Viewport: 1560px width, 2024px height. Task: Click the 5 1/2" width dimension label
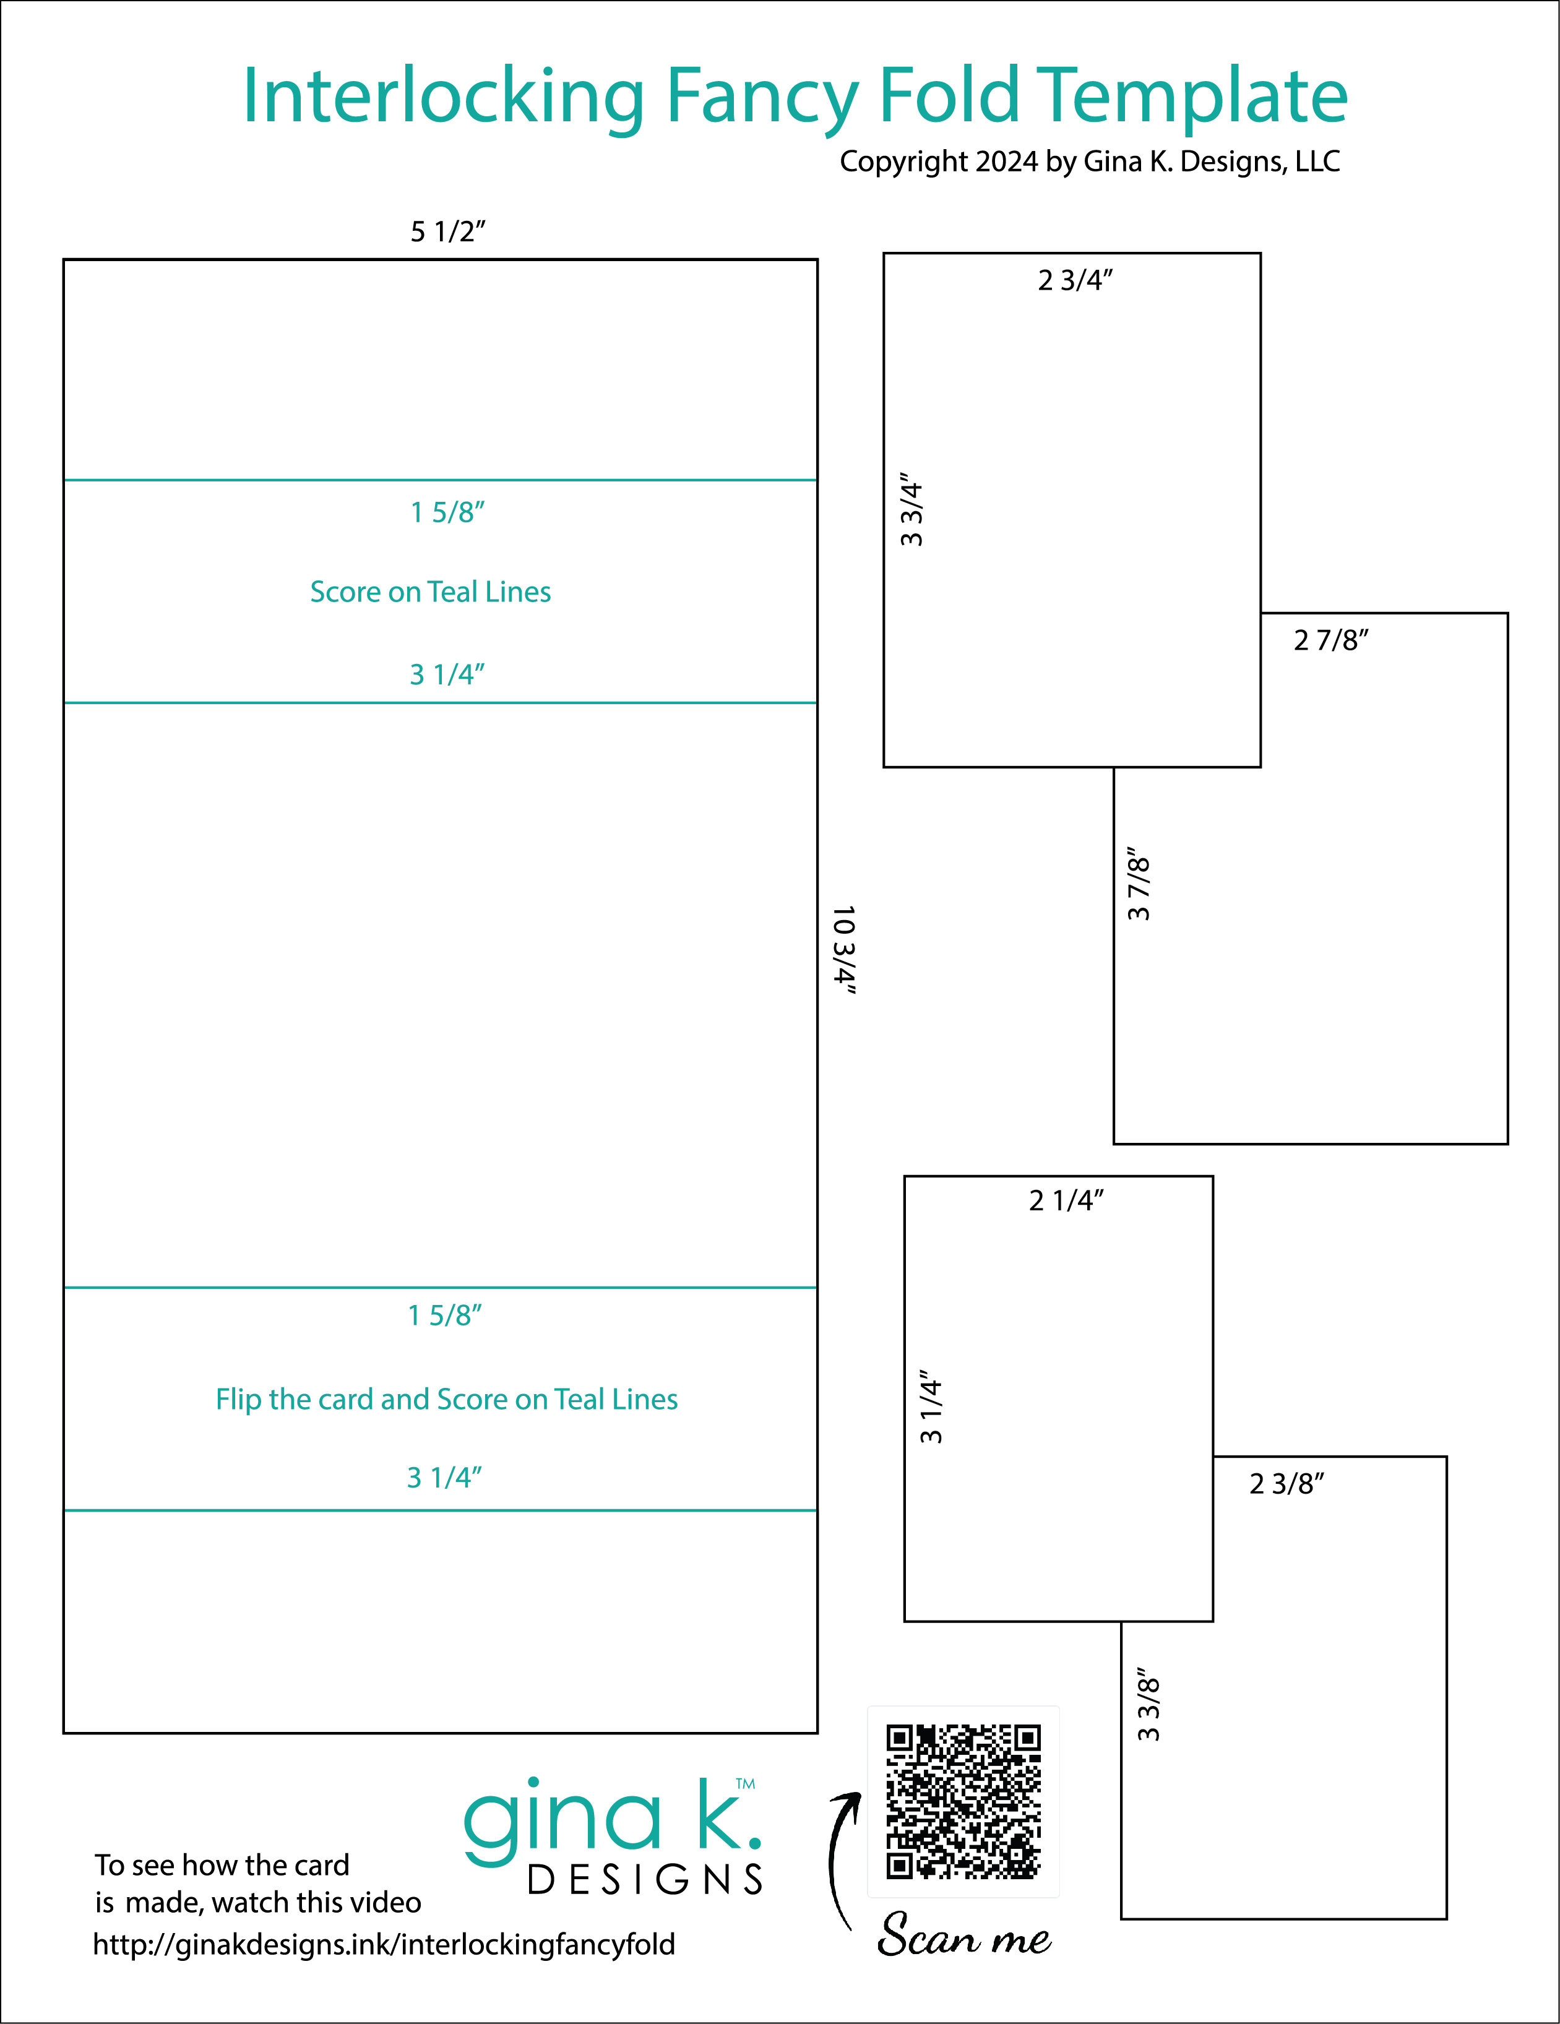coord(447,231)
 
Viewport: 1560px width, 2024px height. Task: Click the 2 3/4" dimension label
coord(1075,280)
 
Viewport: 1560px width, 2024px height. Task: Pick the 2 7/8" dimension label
coord(1331,639)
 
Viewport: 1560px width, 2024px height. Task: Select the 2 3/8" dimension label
coord(1286,1484)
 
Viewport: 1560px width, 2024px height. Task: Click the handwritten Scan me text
coord(964,1936)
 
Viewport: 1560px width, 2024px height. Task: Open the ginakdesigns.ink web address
coord(384,1944)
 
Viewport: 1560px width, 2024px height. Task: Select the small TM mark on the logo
coord(745,1783)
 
